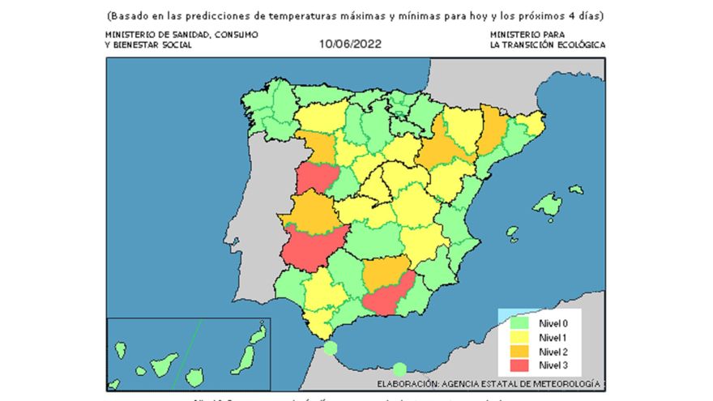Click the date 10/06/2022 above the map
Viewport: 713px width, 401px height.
point(350,45)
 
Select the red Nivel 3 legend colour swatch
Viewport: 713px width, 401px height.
point(520,365)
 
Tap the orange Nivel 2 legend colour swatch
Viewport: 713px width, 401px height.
point(520,351)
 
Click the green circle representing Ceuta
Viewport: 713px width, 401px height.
point(330,348)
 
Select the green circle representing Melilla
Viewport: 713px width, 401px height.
point(399,369)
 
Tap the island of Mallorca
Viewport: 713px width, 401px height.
point(548,206)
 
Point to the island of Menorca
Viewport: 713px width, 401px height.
point(575,190)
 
